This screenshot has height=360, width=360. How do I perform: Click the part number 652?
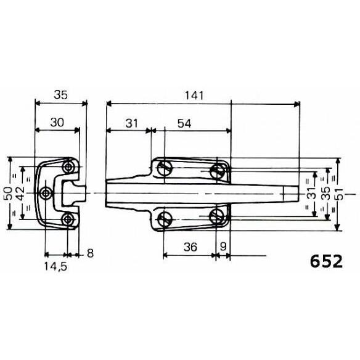pyautogui.click(x=326, y=261)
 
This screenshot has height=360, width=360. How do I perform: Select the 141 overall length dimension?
pyautogui.click(x=194, y=96)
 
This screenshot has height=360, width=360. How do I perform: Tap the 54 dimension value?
pyautogui.click(x=184, y=123)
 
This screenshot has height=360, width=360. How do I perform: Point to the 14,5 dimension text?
pyautogui.click(x=55, y=267)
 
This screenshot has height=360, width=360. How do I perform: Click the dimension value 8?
pyautogui.click(x=91, y=254)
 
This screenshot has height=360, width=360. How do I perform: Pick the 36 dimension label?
pyautogui.click(x=190, y=247)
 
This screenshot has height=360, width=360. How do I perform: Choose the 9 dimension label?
pyautogui.click(x=223, y=247)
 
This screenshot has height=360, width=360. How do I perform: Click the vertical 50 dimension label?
pyautogui.click(x=8, y=194)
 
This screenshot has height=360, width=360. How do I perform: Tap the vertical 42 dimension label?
pyautogui.click(x=21, y=194)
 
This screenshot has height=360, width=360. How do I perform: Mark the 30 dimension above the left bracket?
pyautogui.click(x=57, y=123)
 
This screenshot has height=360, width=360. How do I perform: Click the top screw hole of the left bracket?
pyautogui.click(x=68, y=167)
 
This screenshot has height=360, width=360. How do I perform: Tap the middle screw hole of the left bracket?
pyautogui.click(x=46, y=194)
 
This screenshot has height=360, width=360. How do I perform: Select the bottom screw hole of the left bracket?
pyautogui.click(x=68, y=219)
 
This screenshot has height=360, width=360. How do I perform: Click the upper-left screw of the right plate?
pyautogui.click(x=165, y=168)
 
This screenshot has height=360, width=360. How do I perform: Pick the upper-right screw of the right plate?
pyautogui.click(x=217, y=171)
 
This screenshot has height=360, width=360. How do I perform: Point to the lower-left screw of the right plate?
pyautogui.click(x=165, y=219)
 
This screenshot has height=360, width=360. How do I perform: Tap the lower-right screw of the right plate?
pyautogui.click(x=217, y=216)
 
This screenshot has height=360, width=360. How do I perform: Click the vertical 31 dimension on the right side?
pyautogui.click(x=311, y=194)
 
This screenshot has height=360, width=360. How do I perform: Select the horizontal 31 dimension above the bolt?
pyautogui.click(x=132, y=123)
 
